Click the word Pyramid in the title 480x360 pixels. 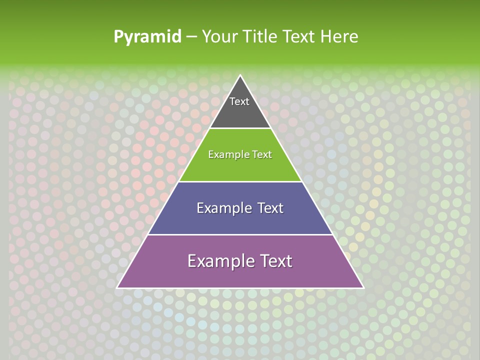[x=147, y=37]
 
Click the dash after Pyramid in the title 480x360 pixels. [x=191, y=37]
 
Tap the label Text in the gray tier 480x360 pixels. [x=239, y=101]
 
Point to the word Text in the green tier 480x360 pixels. [x=262, y=155]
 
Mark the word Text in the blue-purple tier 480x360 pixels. [x=270, y=208]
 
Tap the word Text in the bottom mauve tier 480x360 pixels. [x=277, y=261]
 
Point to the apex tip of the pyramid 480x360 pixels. [x=240, y=76]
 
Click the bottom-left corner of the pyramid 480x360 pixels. [x=118, y=287]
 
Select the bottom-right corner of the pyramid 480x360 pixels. [x=362, y=287]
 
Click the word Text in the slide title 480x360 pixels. [x=298, y=37]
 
